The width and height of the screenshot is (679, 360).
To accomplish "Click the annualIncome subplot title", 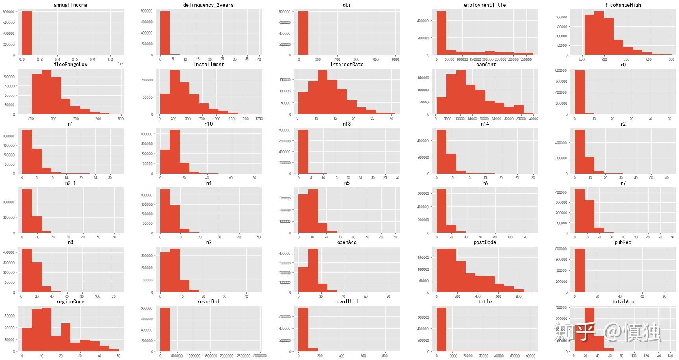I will [70, 5].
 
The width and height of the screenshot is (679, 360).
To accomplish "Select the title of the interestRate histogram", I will [347, 65].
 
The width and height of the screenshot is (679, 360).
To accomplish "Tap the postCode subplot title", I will [485, 242].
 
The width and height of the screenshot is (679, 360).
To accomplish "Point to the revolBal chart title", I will [209, 302].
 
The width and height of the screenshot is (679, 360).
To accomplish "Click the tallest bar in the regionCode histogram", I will [46, 330].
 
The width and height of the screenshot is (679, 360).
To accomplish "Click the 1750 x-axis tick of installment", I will [259, 119].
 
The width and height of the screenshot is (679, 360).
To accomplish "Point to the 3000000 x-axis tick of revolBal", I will [260, 356].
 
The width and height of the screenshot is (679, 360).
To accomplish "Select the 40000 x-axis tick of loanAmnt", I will [533, 119].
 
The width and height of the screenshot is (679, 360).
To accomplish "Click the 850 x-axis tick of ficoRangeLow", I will [120, 119].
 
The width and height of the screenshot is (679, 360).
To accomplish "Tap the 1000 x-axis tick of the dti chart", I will [395, 59].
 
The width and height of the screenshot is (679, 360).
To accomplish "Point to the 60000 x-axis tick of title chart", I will [530, 356].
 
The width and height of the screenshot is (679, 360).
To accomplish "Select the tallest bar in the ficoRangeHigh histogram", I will [599, 33].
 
